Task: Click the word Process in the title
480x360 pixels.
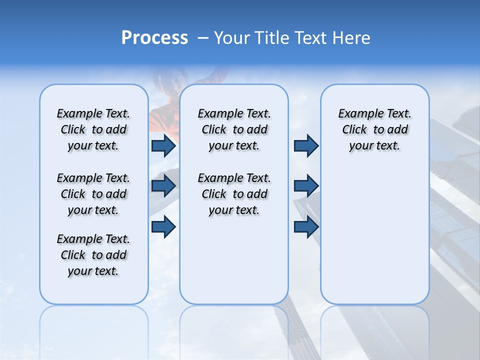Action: pyautogui.click(x=154, y=37)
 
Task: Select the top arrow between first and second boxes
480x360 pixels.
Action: pyautogui.click(x=163, y=145)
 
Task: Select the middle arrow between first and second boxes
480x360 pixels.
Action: pyautogui.click(x=163, y=186)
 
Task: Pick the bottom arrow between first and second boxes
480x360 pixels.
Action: pyautogui.click(x=163, y=226)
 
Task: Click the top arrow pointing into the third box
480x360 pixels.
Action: pyautogui.click(x=306, y=145)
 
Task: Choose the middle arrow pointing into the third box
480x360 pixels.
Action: pyautogui.click(x=306, y=186)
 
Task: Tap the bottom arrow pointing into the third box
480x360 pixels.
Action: pyautogui.click(x=306, y=226)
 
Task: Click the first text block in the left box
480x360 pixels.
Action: pyautogui.click(x=93, y=129)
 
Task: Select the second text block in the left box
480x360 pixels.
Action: pyautogui.click(x=93, y=194)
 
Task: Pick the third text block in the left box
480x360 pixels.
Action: pyautogui.click(x=93, y=255)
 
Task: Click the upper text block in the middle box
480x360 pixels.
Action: pyautogui.click(x=234, y=129)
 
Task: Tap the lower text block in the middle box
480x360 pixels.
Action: pyautogui.click(x=234, y=194)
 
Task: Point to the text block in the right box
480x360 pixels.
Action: pyautogui.click(x=374, y=129)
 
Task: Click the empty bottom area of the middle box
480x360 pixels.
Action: pyautogui.click(x=234, y=265)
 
